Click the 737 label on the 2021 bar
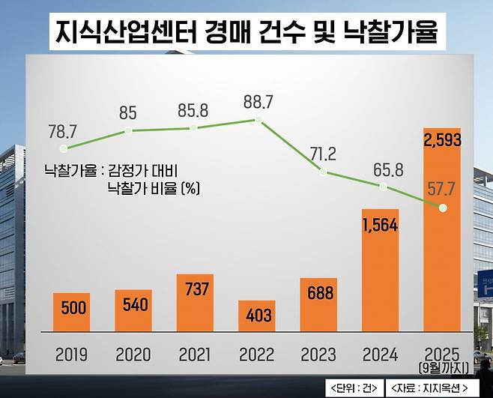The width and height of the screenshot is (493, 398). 195,289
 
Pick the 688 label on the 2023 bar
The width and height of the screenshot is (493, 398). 318,292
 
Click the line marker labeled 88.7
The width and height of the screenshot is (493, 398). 258,120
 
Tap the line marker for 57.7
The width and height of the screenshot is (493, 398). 443,208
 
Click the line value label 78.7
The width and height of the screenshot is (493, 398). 62,132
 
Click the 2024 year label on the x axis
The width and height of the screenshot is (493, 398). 380,355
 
